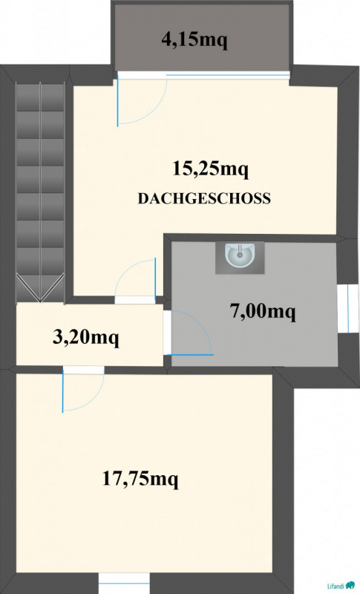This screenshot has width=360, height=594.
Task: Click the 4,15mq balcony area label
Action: point(194,39)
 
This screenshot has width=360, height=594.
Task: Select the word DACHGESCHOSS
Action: point(204,198)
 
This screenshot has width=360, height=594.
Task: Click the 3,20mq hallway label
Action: point(86,338)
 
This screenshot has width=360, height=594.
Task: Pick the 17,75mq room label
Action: point(140,478)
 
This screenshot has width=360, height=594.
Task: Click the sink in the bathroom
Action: point(240,255)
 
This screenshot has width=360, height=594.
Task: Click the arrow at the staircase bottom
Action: point(40,289)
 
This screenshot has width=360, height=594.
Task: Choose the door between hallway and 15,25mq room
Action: point(136,280)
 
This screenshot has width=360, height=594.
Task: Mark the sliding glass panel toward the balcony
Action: point(228,75)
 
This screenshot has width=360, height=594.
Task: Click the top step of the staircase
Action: point(40,97)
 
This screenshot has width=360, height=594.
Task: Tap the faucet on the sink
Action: point(240,250)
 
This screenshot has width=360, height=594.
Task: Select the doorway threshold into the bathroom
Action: point(167,333)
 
